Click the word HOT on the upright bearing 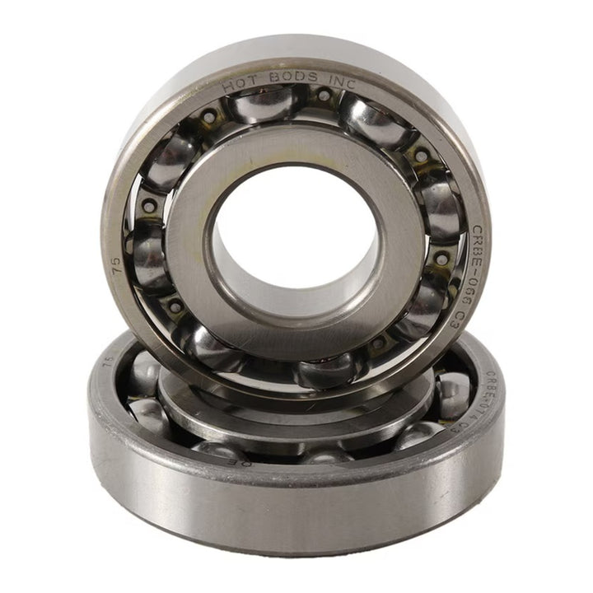point(240,83)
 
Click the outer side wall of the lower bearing point(296,502)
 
